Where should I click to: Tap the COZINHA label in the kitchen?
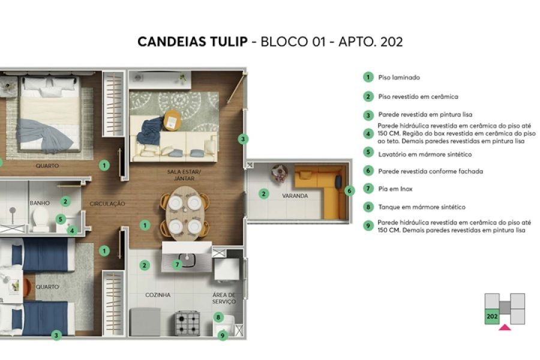(158, 295)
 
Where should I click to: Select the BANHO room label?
(40, 203)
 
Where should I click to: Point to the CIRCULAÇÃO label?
(108, 204)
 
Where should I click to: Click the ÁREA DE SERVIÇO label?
(224, 298)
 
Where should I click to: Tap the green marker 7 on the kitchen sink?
(177, 264)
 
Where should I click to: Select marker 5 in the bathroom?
(61, 219)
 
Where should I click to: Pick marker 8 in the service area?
(218, 317)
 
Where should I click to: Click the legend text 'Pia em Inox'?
(395, 189)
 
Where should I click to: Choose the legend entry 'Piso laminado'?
(399, 77)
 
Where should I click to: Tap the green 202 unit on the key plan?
(492, 316)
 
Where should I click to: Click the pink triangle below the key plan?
(505, 327)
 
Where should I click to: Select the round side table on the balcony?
(280, 173)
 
